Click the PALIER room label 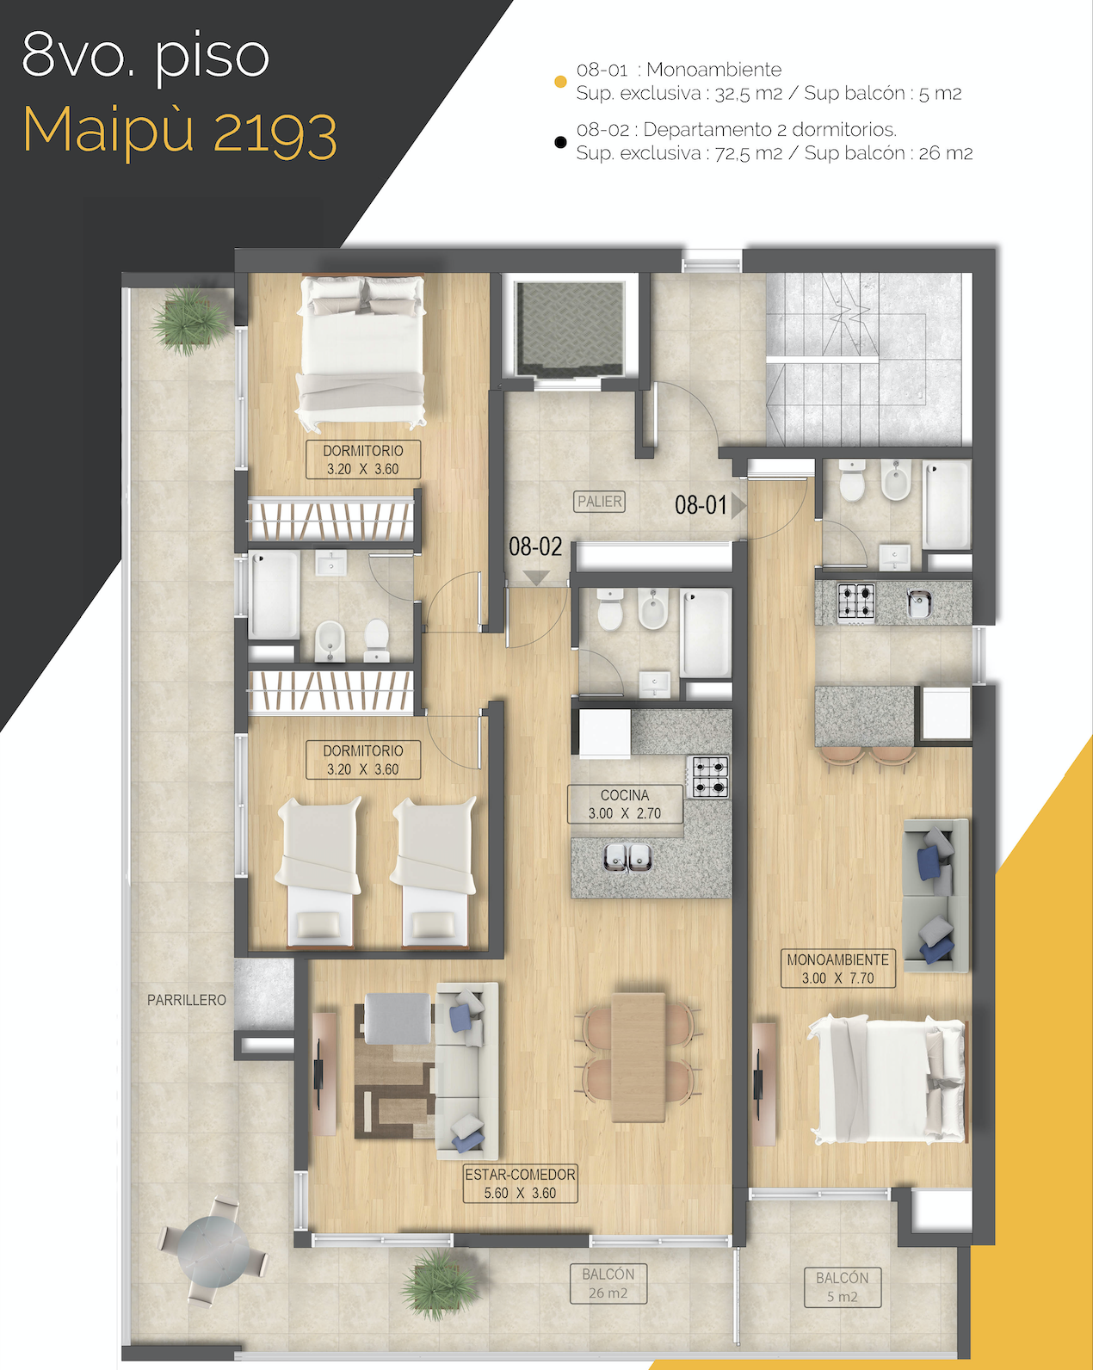[x=599, y=502]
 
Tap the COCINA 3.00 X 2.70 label [x=625, y=804]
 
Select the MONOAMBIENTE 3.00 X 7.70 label [x=837, y=968]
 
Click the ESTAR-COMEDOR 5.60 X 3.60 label [x=520, y=1183]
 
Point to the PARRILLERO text [x=187, y=1000]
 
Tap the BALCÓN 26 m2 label [x=608, y=1283]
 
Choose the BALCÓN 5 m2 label [x=843, y=1287]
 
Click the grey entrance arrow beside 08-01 [x=738, y=505]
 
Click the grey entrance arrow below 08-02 [x=536, y=577]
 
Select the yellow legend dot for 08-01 [x=560, y=82]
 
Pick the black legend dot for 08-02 [x=560, y=142]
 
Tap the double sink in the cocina [x=627, y=857]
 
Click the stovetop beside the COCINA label [x=709, y=777]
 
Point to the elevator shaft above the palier [x=569, y=329]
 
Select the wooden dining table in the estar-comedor [x=639, y=1058]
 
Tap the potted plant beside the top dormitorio [x=189, y=320]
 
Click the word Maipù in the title [x=108, y=131]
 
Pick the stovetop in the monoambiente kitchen [x=856, y=602]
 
